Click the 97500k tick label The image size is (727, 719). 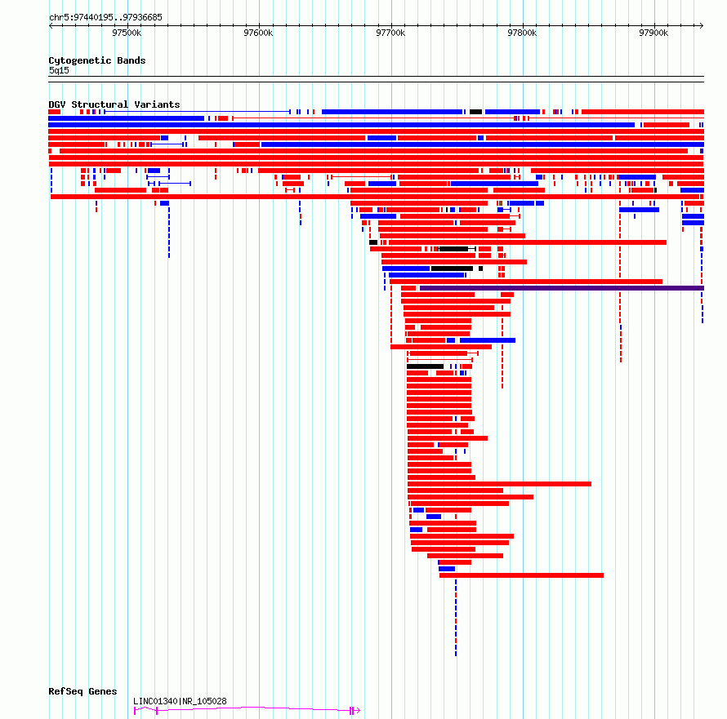127,33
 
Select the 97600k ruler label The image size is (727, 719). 258,33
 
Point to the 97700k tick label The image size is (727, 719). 390,33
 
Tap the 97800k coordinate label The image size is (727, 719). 522,33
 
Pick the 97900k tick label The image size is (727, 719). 653,33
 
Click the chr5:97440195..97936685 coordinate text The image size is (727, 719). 105,18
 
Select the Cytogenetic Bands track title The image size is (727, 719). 97,60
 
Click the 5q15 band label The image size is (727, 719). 59,70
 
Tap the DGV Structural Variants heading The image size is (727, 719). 114,104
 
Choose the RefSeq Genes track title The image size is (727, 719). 83,691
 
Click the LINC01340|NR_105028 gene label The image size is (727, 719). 180,701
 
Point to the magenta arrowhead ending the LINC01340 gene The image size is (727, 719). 358,710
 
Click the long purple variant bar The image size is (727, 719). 562,288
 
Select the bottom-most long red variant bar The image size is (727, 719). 522,575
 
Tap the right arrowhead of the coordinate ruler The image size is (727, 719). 702,25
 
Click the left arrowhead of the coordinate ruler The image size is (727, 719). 51,25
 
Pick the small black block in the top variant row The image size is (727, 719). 475,112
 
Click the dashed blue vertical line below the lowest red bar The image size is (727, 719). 456,618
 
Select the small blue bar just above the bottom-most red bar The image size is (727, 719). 447,569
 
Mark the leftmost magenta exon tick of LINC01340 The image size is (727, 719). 135,711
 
